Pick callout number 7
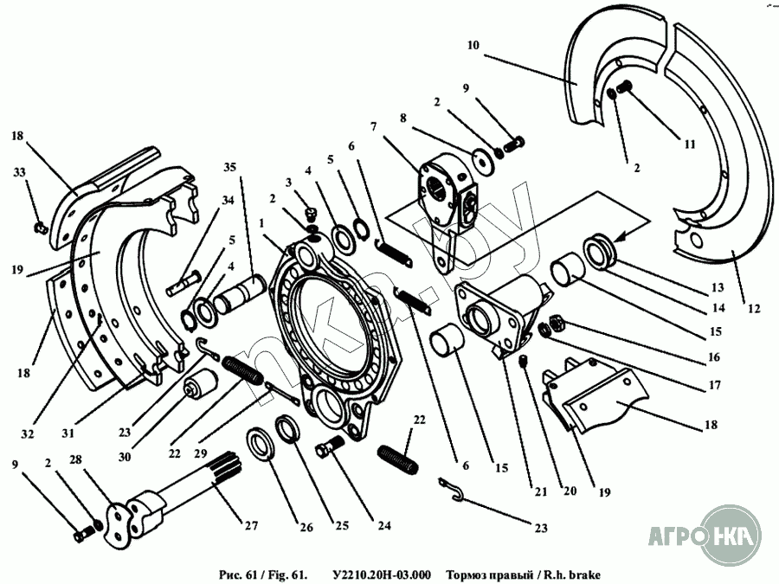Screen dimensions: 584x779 tap(373, 126)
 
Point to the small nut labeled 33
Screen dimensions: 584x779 tap(40, 228)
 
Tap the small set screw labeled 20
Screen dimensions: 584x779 tap(525, 363)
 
